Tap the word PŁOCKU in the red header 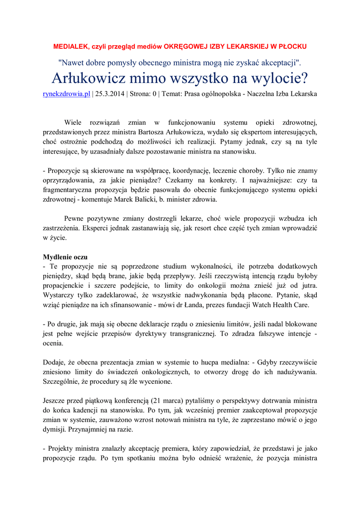click(x=291, y=46)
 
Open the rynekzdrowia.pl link click(x=67, y=93)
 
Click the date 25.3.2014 click(x=110, y=93)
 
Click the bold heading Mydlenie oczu click(x=65, y=257)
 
